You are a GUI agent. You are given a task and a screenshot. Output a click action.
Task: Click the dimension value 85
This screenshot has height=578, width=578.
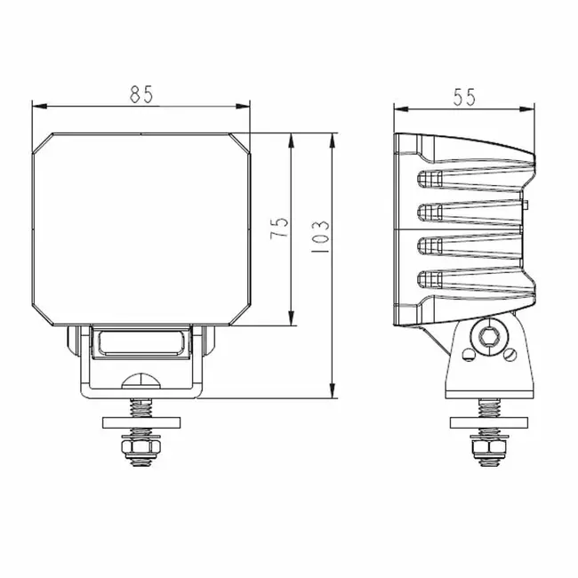coord(141,94)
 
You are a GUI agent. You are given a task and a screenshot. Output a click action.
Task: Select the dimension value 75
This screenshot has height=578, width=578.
coord(279,229)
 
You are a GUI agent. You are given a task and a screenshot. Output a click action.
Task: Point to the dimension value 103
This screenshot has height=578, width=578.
coord(321,238)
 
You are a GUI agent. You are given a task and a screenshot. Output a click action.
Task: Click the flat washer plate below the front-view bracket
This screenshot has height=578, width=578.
coord(141,421)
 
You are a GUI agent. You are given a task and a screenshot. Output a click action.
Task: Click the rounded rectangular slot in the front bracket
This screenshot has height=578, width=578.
coord(141,341)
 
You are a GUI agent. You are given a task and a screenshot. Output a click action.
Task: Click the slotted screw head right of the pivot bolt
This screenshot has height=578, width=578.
coord(510,354)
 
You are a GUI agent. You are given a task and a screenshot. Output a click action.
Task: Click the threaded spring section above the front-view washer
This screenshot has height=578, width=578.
coord(141,405)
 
